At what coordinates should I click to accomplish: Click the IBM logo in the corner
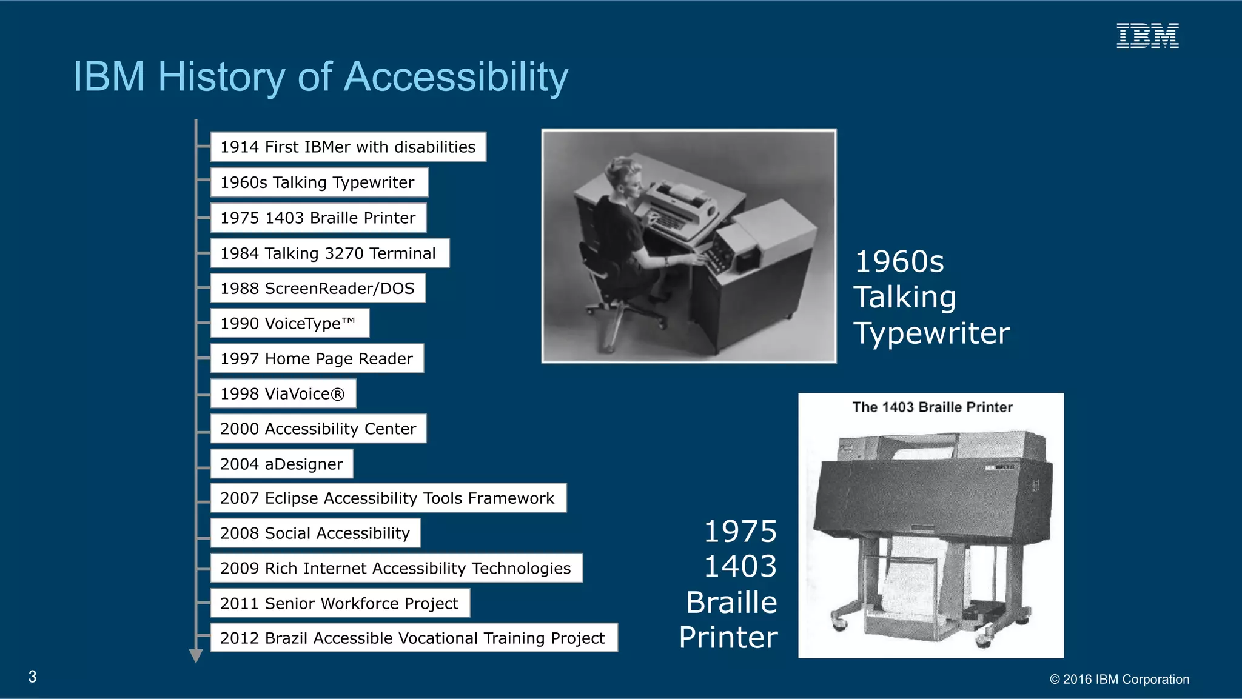[x=1147, y=36]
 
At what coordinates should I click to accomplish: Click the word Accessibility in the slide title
[x=455, y=77]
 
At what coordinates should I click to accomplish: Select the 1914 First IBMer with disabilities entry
[x=347, y=147]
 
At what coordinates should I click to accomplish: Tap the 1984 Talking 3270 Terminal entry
[x=329, y=253]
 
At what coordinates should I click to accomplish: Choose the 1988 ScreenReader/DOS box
[x=317, y=288]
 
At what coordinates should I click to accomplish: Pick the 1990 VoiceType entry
[x=289, y=323]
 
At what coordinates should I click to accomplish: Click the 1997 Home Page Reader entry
[x=317, y=358]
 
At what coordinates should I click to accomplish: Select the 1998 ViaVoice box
[x=283, y=393]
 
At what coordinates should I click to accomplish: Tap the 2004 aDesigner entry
[x=281, y=464]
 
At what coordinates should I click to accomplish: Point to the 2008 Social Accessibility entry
[x=315, y=533]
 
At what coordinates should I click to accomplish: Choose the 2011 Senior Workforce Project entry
[x=340, y=603]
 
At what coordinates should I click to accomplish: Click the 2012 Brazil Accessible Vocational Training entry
[x=413, y=638]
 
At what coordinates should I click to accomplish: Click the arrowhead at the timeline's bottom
[x=196, y=656]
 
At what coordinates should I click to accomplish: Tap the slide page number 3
[x=33, y=677]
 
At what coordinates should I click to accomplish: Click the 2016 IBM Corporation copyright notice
[x=1119, y=679]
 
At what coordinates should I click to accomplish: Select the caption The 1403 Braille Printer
[x=932, y=407]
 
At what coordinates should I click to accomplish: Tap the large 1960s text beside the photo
[x=899, y=262]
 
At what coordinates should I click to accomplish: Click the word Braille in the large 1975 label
[x=731, y=602]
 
